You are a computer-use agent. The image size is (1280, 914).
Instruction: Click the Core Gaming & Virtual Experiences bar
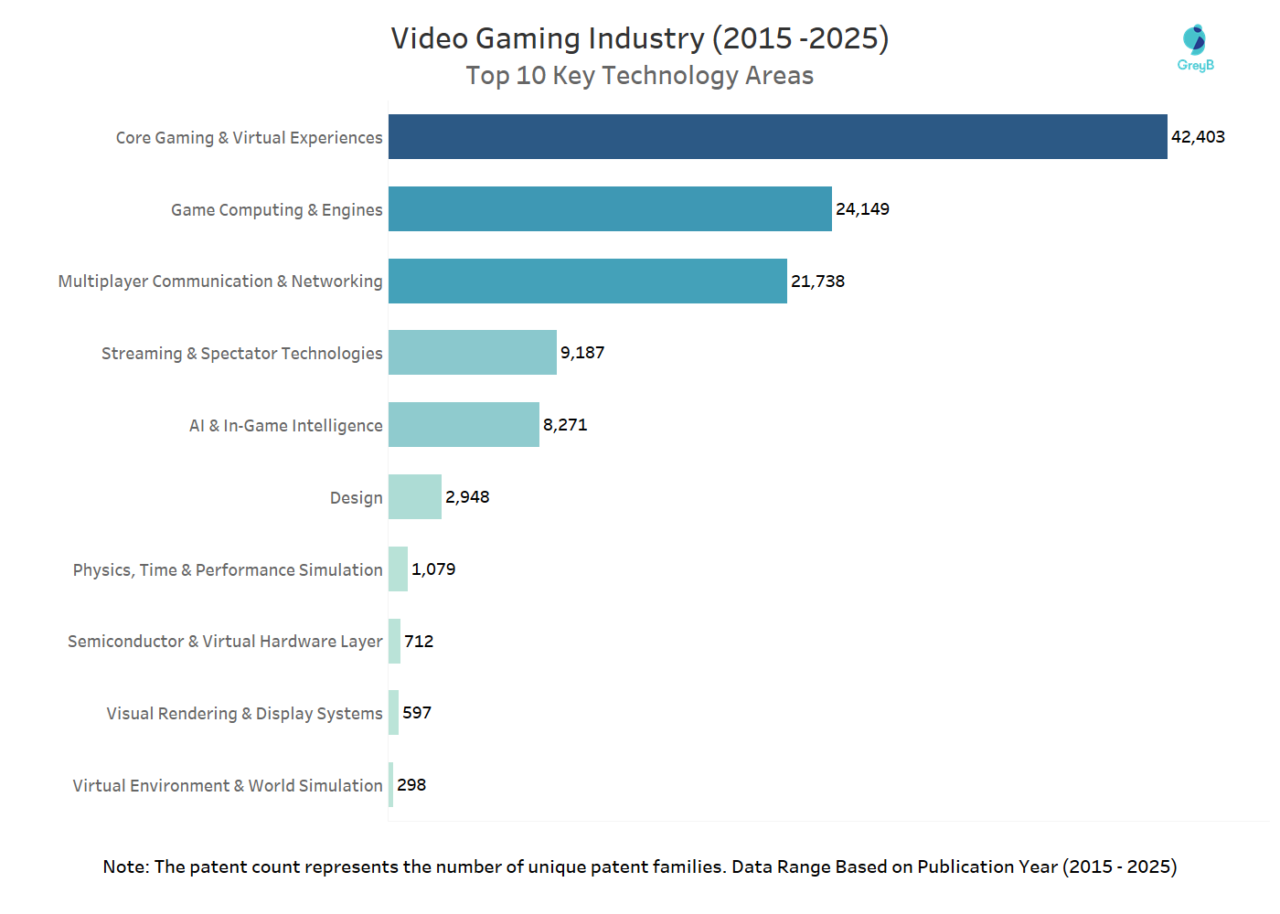click(777, 137)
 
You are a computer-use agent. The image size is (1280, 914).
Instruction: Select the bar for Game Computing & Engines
click(610, 209)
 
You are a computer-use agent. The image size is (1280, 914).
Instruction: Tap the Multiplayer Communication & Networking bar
click(587, 282)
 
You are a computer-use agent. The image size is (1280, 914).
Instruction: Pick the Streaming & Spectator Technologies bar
click(472, 353)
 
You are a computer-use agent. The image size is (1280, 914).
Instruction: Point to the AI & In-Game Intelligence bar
click(464, 425)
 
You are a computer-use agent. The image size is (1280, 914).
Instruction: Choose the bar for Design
click(414, 497)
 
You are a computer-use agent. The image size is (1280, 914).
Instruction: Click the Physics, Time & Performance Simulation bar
click(398, 569)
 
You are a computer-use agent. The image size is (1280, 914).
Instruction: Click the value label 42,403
click(1198, 137)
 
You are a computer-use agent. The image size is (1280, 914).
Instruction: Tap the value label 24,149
click(862, 209)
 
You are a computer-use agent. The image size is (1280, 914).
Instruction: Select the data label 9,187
click(582, 353)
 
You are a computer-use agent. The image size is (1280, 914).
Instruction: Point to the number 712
click(419, 642)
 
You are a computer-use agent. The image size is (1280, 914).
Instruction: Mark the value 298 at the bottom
click(411, 785)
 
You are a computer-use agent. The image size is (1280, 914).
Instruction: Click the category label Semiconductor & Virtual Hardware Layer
click(225, 642)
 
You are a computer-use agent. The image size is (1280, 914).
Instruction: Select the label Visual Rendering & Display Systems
click(244, 714)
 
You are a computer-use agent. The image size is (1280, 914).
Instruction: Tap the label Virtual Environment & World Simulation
click(228, 786)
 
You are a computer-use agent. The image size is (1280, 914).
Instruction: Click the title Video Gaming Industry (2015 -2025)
click(640, 38)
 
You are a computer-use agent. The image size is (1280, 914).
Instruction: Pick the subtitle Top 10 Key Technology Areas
click(640, 76)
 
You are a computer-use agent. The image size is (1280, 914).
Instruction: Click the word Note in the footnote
click(125, 866)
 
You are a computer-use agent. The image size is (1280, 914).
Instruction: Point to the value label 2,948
click(467, 497)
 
